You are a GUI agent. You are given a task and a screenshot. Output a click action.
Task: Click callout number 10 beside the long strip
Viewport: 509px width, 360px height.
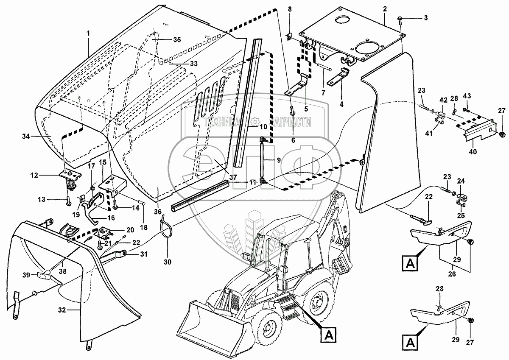(263, 127)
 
